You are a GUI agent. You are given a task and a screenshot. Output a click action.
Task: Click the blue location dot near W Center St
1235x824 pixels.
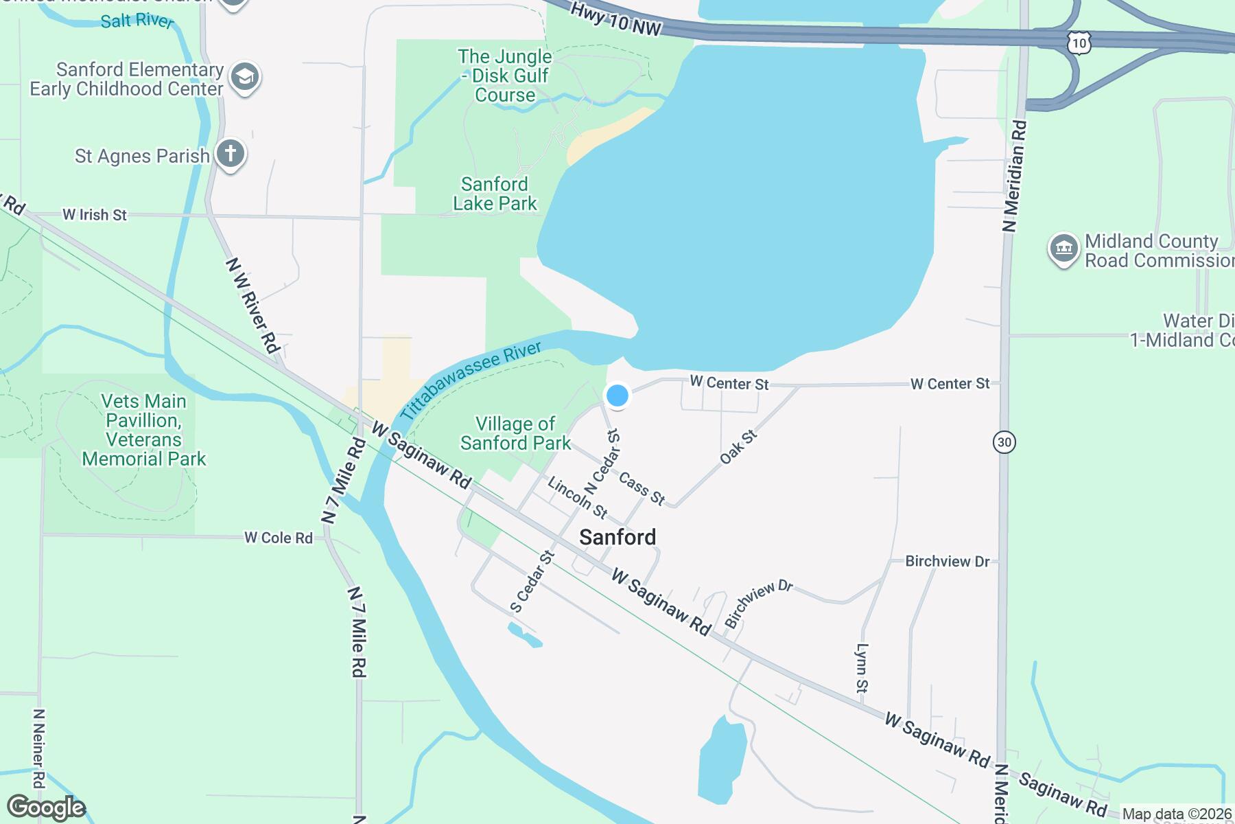(x=617, y=396)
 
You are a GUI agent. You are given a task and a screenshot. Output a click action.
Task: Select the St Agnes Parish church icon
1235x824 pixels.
(x=231, y=154)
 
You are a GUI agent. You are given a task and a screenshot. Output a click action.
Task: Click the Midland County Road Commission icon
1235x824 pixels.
(x=1063, y=249)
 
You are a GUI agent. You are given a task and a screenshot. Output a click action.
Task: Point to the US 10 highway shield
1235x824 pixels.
(x=1079, y=43)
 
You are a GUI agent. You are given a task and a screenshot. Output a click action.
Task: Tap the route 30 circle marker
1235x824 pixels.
(x=1004, y=442)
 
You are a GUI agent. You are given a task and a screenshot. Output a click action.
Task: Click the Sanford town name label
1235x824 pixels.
(x=617, y=537)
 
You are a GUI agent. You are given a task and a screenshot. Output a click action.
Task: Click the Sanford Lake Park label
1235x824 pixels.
(x=495, y=194)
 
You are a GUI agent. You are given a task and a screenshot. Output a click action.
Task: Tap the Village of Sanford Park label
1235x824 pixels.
(x=515, y=433)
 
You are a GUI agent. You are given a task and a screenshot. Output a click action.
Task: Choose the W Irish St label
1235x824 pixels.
(x=95, y=215)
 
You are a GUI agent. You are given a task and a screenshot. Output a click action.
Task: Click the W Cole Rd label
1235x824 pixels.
(x=279, y=538)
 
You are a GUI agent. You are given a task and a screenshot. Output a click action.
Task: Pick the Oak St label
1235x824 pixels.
(x=738, y=446)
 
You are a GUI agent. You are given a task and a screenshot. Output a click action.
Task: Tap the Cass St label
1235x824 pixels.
(x=642, y=488)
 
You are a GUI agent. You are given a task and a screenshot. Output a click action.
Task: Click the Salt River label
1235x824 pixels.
(x=136, y=21)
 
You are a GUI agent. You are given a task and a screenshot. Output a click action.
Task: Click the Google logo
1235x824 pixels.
(x=46, y=808)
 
